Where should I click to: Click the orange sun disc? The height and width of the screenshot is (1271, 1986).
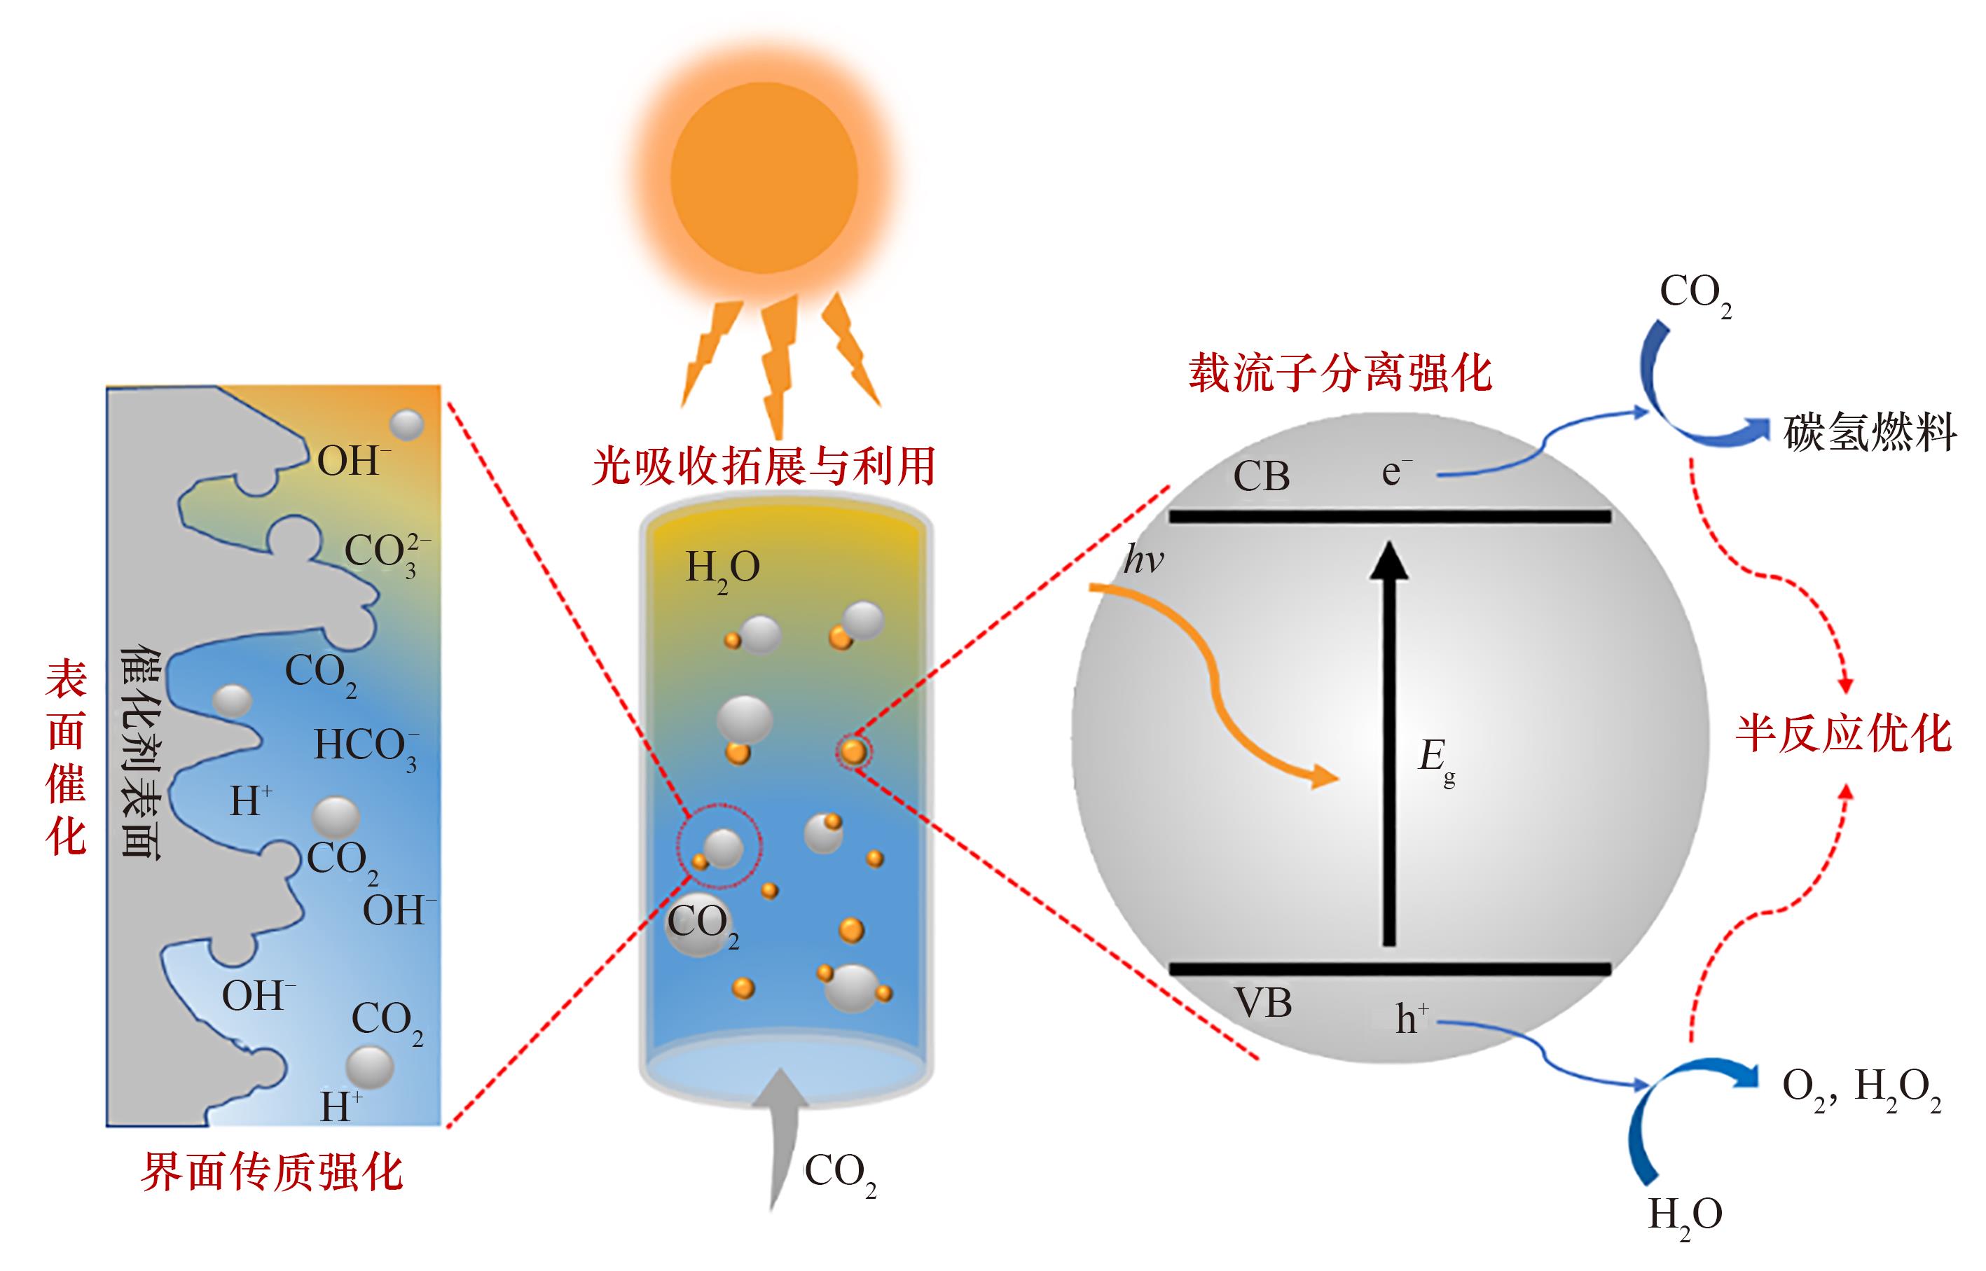(x=764, y=177)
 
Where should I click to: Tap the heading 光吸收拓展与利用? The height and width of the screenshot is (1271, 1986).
(x=764, y=466)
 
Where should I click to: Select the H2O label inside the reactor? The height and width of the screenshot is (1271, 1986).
(x=722, y=569)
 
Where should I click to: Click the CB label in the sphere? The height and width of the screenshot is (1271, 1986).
(x=1260, y=477)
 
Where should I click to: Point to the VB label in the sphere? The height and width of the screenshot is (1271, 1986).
(x=1263, y=1003)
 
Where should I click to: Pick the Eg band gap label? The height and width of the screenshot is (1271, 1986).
(x=1435, y=759)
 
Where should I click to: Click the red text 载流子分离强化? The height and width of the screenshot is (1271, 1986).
(x=1339, y=373)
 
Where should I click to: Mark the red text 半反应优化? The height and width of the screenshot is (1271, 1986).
(x=1842, y=734)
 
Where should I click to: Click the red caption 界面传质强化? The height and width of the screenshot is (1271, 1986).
(x=272, y=1172)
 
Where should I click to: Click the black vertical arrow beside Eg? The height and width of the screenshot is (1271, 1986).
(x=1389, y=743)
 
